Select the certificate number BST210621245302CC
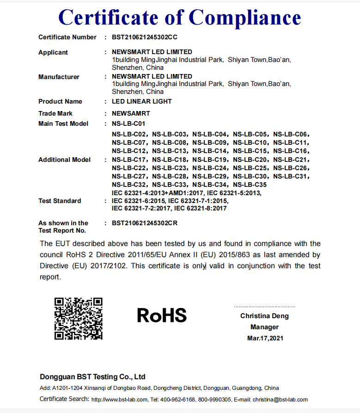[x=145, y=37]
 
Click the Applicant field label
[x=53, y=52]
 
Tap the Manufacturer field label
[x=59, y=77]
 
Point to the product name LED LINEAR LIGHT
[x=142, y=101]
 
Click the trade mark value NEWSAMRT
[x=131, y=113]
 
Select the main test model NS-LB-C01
[x=128, y=123]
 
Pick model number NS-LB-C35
[x=250, y=185]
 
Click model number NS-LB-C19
[x=209, y=160]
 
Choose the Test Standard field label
[x=60, y=201]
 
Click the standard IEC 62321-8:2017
[x=201, y=208]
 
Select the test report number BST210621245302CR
[x=145, y=223]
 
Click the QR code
[x=78, y=319]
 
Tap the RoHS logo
[x=162, y=315]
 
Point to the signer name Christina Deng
[x=264, y=316]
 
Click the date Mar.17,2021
[x=265, y=338]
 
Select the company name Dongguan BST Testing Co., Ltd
[x=92, y=376]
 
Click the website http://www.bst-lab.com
[x=120, y=400]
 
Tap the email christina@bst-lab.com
[x=280, y=400]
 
